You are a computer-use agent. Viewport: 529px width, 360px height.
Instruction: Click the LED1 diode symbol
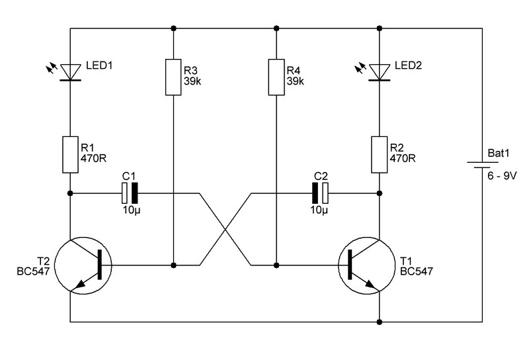71,73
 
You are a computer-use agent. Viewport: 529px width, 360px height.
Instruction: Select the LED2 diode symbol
379,73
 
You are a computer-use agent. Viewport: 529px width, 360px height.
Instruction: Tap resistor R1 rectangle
71,155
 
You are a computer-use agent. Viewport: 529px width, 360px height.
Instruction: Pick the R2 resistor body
379,155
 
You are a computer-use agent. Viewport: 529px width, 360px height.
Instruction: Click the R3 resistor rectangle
173,77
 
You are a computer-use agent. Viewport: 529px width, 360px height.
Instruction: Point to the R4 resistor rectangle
276,77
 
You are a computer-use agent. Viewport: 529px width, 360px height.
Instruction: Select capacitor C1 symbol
130,193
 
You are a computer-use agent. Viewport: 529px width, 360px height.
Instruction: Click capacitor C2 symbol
320,193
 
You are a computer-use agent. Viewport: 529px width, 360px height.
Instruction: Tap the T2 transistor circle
83,265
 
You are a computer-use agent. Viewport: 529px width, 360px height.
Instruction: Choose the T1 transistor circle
367,265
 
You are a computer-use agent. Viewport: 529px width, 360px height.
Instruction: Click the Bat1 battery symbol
478,165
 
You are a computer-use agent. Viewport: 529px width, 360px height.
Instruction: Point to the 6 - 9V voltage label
502,176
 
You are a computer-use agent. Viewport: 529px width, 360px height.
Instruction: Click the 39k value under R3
192,81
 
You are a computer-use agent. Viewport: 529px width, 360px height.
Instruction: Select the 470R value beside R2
403,158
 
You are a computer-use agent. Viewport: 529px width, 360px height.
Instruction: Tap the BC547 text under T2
34,271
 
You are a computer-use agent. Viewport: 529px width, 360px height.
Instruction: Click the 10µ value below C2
319,210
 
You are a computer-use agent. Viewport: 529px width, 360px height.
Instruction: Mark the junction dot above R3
173,28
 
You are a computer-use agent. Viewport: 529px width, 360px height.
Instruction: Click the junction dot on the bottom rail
379,322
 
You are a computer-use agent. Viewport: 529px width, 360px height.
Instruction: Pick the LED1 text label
99,65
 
